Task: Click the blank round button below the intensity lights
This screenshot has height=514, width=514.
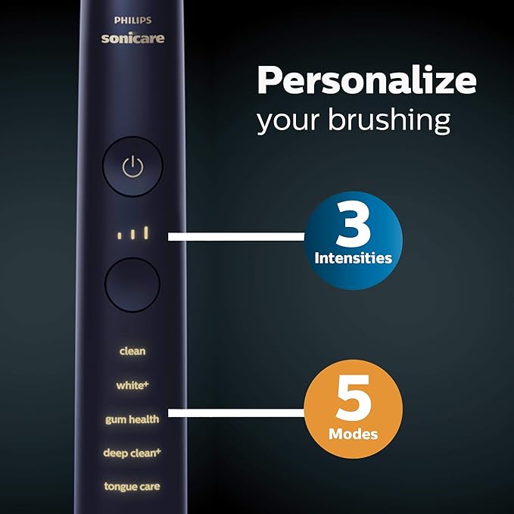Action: coord(132,285)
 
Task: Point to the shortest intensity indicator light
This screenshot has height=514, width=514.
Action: coord(119,236)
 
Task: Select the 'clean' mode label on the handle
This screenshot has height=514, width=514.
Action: coord(132,351)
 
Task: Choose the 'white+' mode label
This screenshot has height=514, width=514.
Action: coord(132,385)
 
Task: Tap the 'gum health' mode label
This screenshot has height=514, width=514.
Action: coord(132,419)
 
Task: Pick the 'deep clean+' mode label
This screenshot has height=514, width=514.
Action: coord(132,453)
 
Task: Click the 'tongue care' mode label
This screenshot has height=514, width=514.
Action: coord(132,487)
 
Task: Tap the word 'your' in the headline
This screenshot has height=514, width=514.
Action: coord(282,121)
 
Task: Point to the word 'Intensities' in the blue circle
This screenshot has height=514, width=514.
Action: coord(354,258)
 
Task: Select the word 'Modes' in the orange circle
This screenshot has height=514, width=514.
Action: coord(354,435)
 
